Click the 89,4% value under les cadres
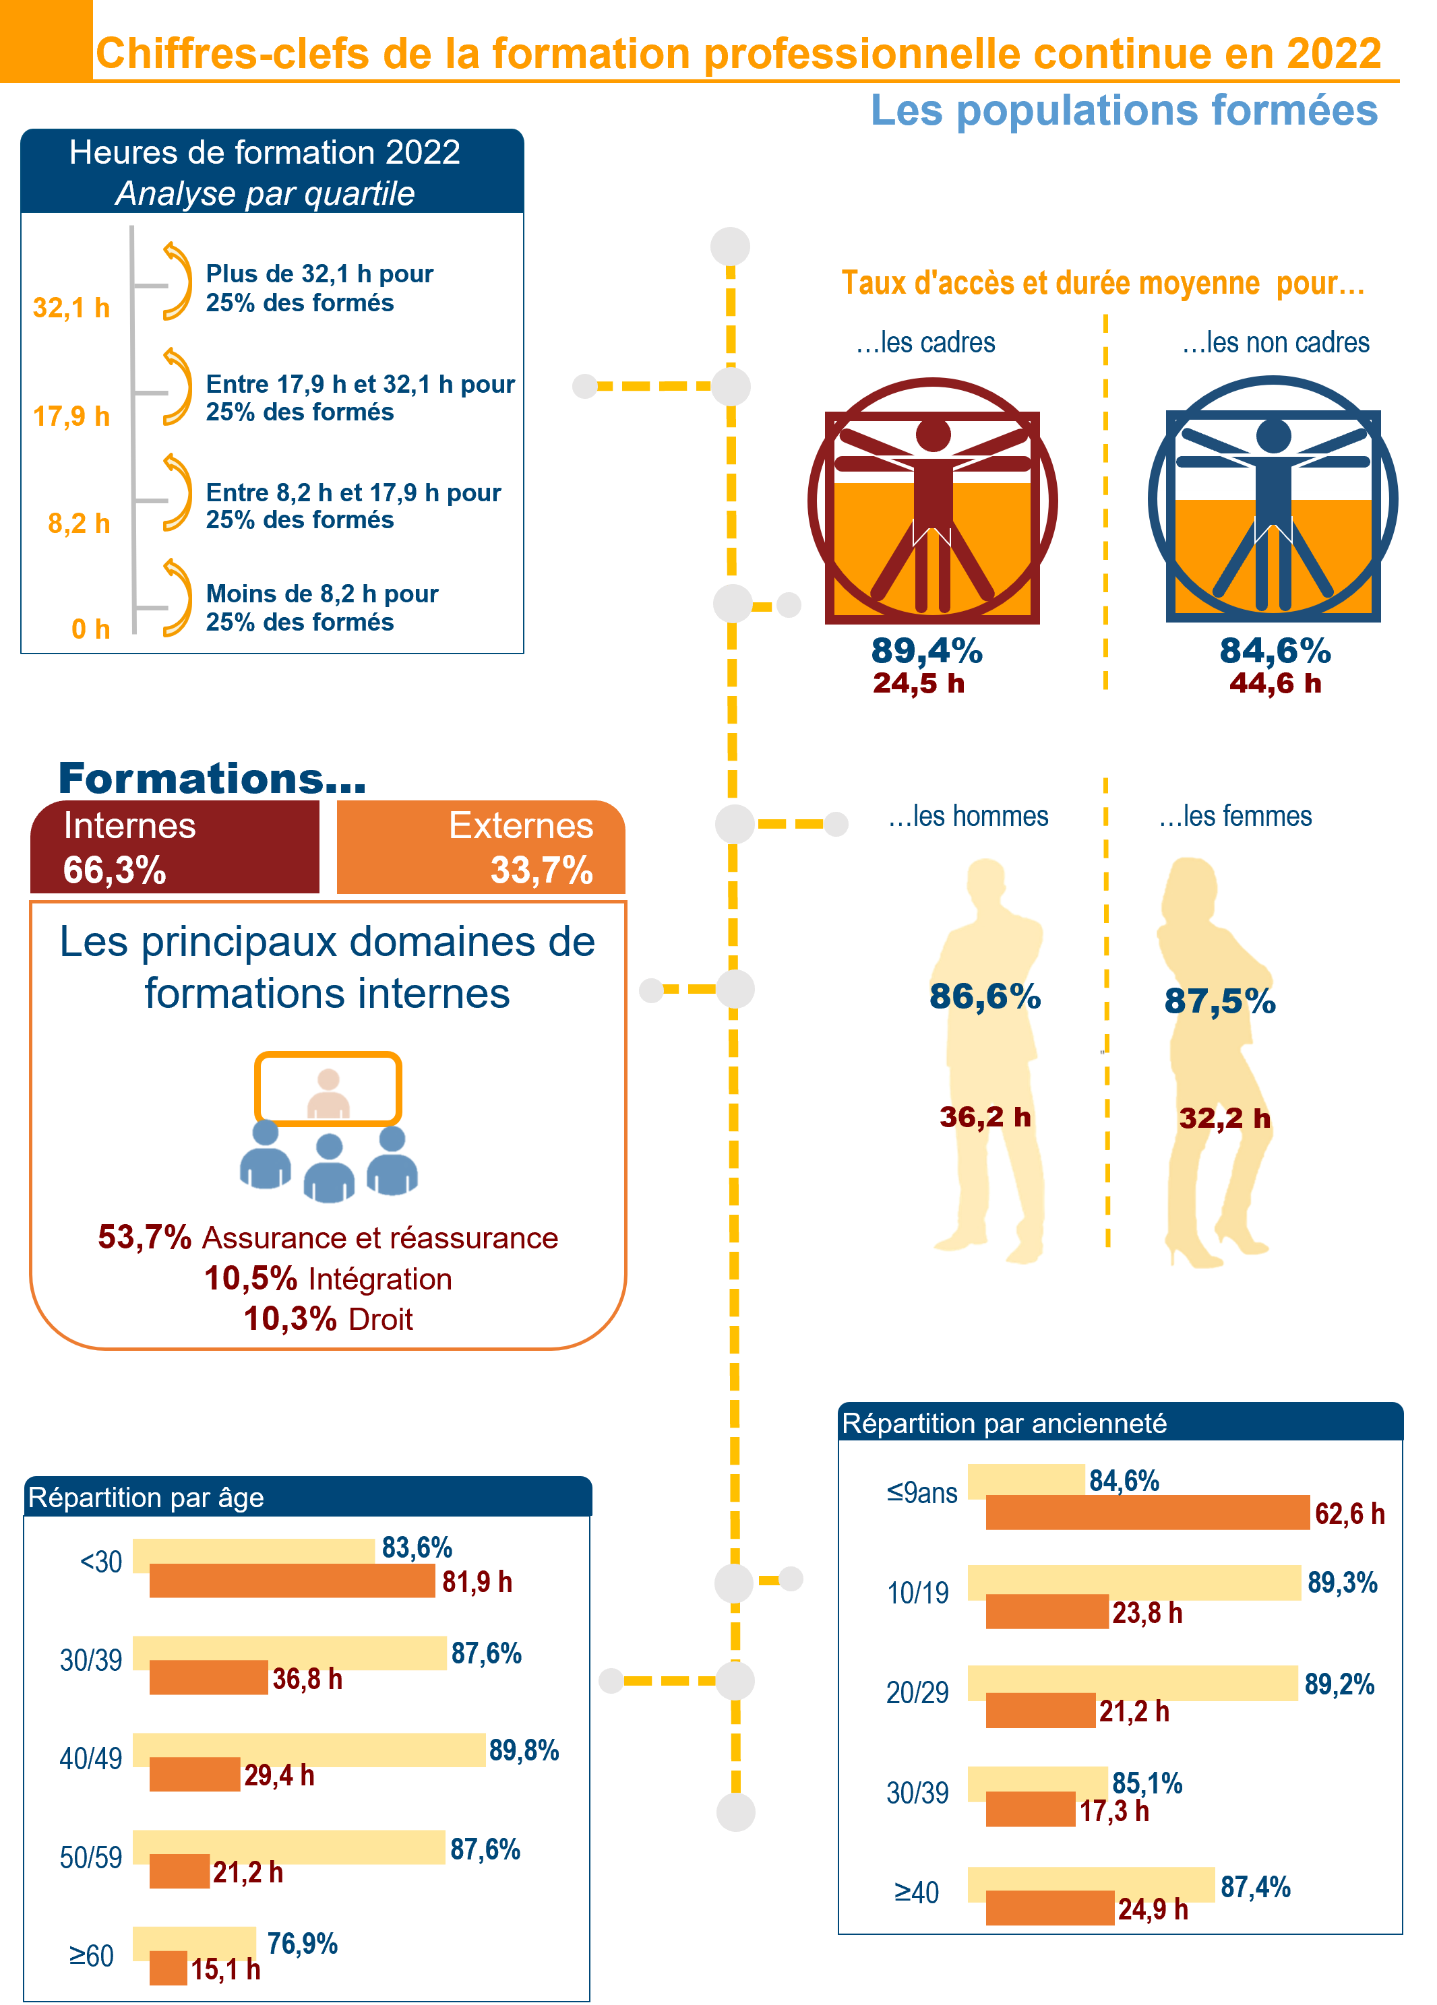coord(926,651)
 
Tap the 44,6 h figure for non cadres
coord(1275,682)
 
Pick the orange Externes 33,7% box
coord(481,847)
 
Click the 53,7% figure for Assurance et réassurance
coord(144,1237)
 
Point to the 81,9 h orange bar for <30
coord(293,1581)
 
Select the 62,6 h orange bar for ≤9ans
coord(1148,1512)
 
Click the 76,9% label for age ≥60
coord(301,1943)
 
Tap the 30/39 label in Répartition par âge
coord(91,1660)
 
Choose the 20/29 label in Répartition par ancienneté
coord(917,1692)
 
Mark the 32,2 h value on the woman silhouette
coord(1225,1118)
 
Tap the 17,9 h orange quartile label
coord(71,416)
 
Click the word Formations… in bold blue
coord(212,778)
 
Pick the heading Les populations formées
coord(1124,110)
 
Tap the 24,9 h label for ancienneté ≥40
coord(1153,1909)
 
